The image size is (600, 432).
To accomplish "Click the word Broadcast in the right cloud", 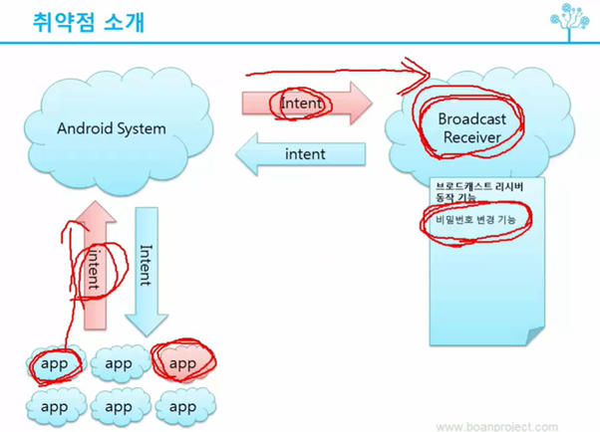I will (472, 118).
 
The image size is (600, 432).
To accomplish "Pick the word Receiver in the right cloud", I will (472, 136).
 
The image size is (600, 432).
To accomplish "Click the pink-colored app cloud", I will (182, 364).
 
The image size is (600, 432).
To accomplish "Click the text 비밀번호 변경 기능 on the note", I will (475, 219).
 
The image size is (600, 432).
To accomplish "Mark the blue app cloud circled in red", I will (55, 364).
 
